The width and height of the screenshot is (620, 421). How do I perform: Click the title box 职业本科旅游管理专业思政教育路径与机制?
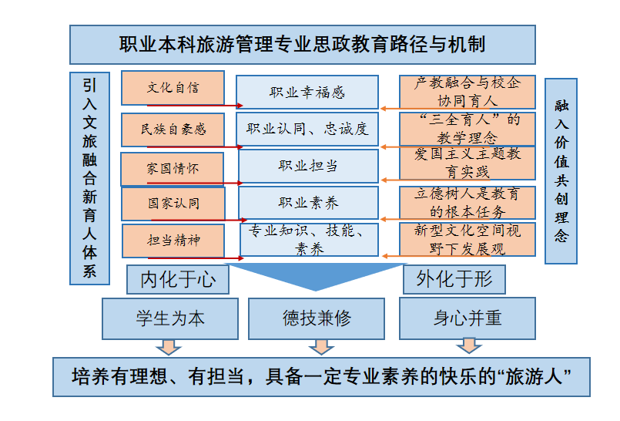pyautogui.click(x=302, y=45)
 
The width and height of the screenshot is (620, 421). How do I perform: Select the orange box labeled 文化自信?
pyautogui.click(x=173, y=88)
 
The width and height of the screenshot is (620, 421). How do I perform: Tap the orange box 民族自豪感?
pyautogui.click(x=173, y=129)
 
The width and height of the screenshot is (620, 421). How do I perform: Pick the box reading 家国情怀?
pyautogui.click(x=173, y=168)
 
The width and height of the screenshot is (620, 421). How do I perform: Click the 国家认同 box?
pyautogui.click(x=173, y=204)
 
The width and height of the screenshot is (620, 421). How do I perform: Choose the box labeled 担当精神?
pyautogui.click(x=173, y=240)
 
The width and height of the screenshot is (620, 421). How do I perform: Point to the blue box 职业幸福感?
pyautogui.click(x=307, y=93)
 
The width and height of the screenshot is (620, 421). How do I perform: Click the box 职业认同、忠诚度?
pyautogui.click(x=307, y=129)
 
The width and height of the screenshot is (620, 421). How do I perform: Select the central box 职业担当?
pyautogui.click(x=307, y=166)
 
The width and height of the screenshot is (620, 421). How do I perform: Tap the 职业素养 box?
pyautogui.click(x=307, y=203)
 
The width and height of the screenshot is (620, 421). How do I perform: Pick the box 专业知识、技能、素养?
pyautogui.click(x=308, y=240)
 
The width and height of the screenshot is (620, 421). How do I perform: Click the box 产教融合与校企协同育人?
pyautogui.click(x=468, y=92)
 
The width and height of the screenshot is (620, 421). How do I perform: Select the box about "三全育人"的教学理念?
pyautogui.click(x=468, y=128)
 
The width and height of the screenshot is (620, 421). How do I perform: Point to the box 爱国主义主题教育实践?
pyautogui.click(x=468, y=163)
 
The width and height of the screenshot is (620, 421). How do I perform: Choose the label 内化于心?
pyautogui.click(x=178, y=280)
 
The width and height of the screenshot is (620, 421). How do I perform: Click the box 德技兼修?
pyautogui.click(x=316, y=318)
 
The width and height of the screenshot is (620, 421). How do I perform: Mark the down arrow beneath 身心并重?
pyautogui.click(x=467, y=345)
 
